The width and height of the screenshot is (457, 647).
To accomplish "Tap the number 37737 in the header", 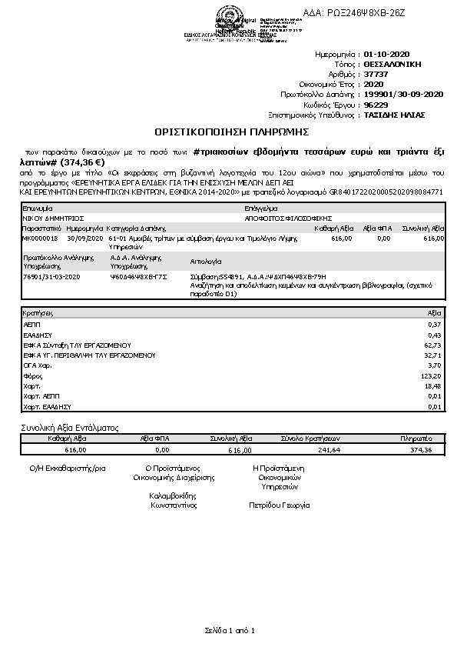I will click(376, 75).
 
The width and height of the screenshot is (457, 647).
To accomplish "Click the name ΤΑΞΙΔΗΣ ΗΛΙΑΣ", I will click(394, 115).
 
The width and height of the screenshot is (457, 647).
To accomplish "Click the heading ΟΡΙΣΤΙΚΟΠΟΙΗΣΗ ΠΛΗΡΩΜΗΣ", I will click(228, 132).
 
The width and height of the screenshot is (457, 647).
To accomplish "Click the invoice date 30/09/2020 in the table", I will click(84, 239).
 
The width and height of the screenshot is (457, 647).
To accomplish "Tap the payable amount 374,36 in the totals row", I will click(422, 449).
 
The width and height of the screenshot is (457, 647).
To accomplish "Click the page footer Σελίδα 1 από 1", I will click(229, 630).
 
